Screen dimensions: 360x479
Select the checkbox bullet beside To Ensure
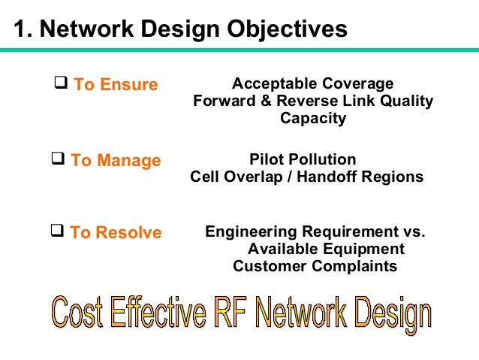point(62,83)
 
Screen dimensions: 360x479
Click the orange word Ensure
point(128,85)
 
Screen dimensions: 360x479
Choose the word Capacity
point(313,118)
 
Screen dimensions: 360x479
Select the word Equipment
point(364,249)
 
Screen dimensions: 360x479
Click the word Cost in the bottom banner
point(77,313)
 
